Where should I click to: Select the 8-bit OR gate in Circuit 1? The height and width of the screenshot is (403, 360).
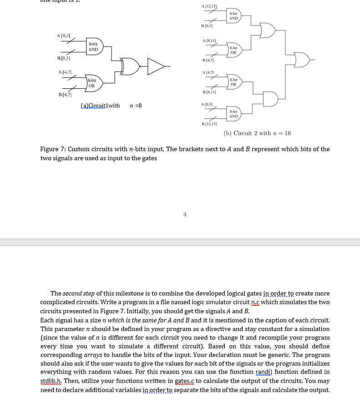(93, 83)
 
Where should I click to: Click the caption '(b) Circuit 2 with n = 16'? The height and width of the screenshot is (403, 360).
(257, 133)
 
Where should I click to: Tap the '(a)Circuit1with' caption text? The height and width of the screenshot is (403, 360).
(100, 106)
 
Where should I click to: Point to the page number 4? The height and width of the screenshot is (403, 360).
(185, 214)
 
